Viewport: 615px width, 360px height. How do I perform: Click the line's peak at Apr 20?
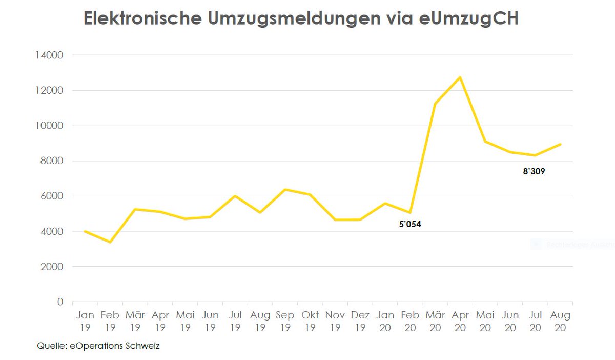(460, 77)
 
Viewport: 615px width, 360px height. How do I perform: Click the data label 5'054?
(410, 224)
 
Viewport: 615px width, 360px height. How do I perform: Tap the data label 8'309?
(534, 172)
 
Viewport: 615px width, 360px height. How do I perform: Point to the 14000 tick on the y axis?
(50, 55)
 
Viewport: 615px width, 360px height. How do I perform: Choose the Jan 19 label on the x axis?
(85, 321)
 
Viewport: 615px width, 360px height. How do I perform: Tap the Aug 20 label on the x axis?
(560, 321)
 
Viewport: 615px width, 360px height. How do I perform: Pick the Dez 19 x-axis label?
(360, 321)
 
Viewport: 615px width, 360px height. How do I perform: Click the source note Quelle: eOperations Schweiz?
(98, 346)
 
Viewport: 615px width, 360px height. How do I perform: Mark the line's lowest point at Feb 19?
(110, 242)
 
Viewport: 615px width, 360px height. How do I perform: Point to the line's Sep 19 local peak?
(285, 190)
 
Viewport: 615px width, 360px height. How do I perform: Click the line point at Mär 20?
(435, 104)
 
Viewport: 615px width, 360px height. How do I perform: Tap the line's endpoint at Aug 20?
(561, 144)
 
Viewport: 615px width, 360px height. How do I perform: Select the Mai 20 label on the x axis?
(485, 321)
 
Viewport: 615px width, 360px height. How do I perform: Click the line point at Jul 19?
(235, 196)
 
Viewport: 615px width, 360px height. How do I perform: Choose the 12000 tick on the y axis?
(50, 90)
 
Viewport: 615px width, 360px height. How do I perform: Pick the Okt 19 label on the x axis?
(310, 321)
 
